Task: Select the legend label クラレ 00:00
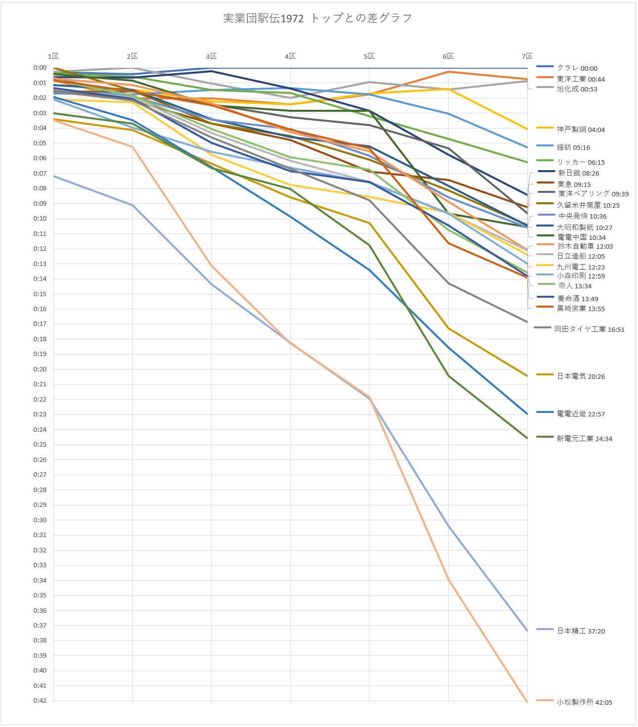click(577, 68)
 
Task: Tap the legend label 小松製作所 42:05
click(584, 702)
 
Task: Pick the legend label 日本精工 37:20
click(581, 631)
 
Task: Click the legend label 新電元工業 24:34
click(584, 439)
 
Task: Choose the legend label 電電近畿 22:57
click(581, 414)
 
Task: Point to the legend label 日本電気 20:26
click(581, 376)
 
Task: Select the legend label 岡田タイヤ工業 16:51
click(589, 329)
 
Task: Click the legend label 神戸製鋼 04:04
click(581, 130)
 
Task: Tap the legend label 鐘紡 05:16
click(573, 147)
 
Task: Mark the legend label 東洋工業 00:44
click(581, 79)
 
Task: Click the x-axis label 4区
click(290, 56)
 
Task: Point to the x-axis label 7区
click(527, 56)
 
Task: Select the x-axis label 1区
click(53, 56)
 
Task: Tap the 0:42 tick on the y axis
click(40, 701)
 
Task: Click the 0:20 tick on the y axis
click(40, 369)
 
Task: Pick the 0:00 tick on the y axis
click(40, 68)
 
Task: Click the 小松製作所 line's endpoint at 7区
click(527, 702)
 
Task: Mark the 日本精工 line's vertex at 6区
click(448, 525)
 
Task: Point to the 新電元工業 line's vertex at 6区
click(448, 376)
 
